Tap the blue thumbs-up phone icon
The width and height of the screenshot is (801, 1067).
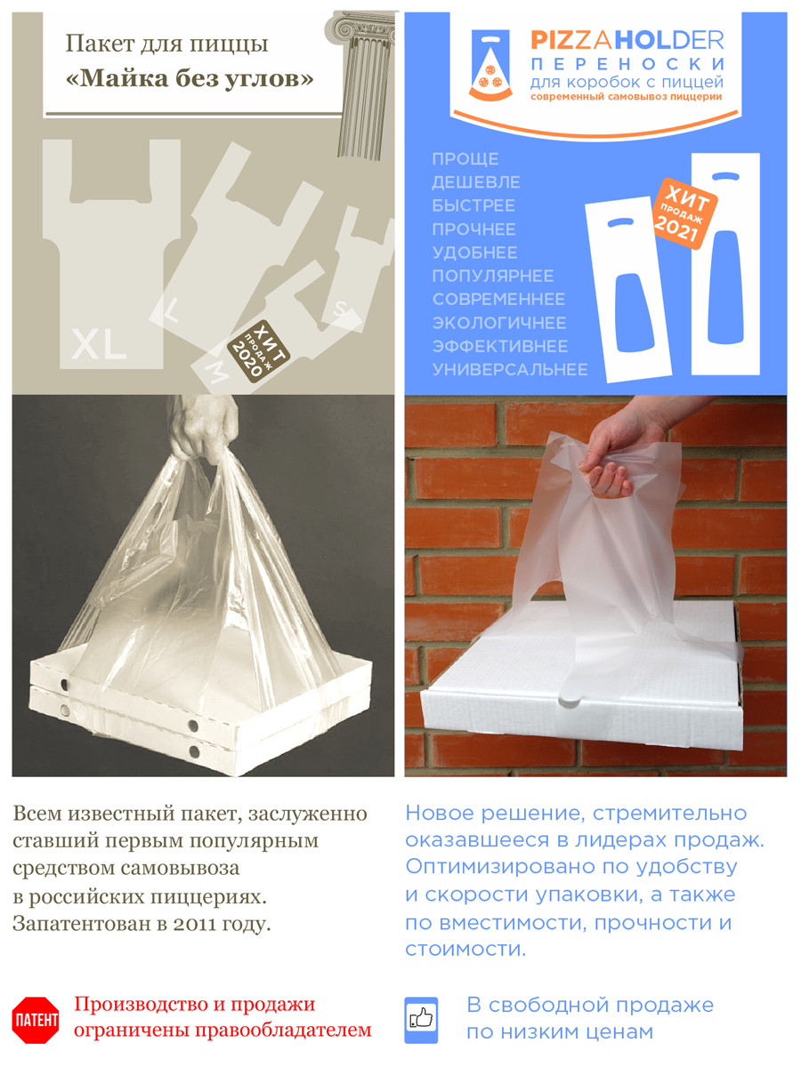pyautogui.click(x=421, y=1020)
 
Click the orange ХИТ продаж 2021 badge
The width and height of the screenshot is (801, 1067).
pyautogui.click(x=685, y=213)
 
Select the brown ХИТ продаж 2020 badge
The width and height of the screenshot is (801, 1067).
pyautogui.click(x=258, y=351)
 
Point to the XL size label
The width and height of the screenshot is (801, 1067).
pyautogui.click(x=99, y=344)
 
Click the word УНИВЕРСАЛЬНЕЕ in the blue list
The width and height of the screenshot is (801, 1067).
pyautogui.click(x=510, y=370)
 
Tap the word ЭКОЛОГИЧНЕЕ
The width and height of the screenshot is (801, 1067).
pyautogui.click(x=499, y=323)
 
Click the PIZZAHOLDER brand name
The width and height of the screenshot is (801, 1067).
pyautogui.click(x=627, y=40)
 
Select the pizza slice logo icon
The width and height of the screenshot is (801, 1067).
pyautogui.click(x=490, y=66)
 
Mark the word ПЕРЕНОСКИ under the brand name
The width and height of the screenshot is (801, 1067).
pyautogui.click(x=627, y=64)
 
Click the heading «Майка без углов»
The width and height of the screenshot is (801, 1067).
pyautogui.click(x=190, y=79)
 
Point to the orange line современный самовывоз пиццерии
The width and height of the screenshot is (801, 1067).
pyautogui.click(x=627, y=97)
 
